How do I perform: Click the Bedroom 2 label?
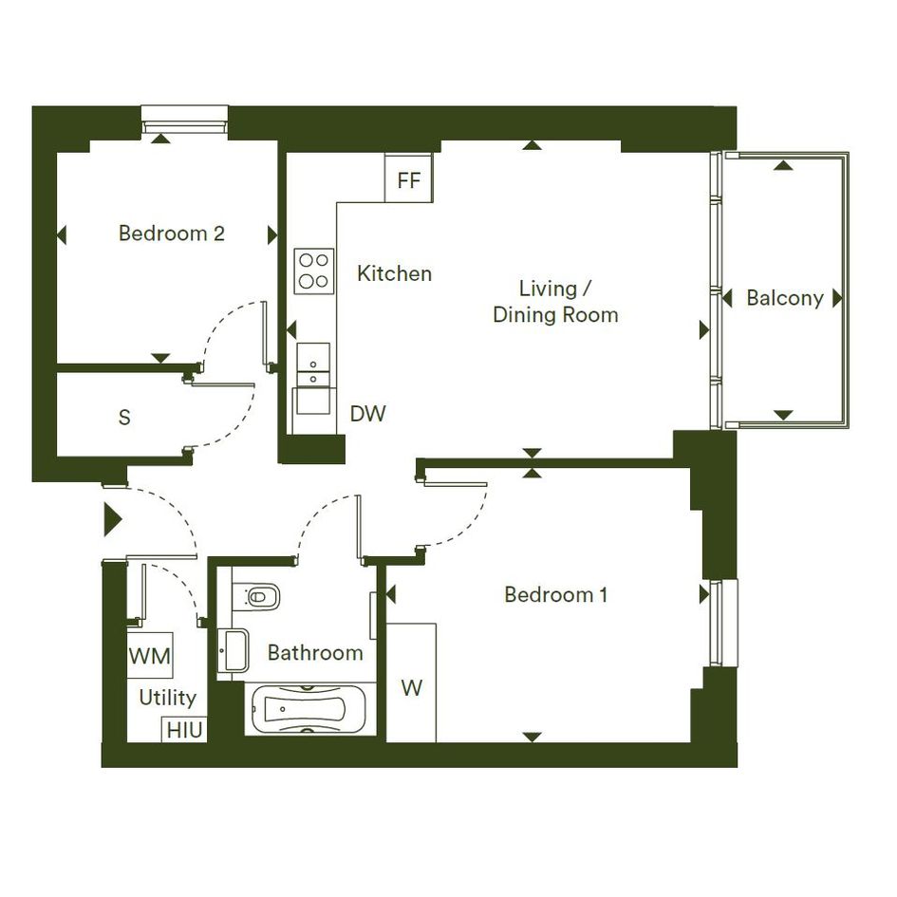(172, 234)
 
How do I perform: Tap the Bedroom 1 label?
(555, 595)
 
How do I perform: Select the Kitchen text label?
(394, 273)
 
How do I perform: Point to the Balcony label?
(785, 298)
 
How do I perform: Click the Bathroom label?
(315, 653)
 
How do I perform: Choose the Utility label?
(168, 698)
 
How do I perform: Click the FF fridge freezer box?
(408, 178)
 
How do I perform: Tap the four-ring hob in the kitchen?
(314, 271)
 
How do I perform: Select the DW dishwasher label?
(368, 414)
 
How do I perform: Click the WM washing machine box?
(150, 655)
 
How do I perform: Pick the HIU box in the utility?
(185, 730)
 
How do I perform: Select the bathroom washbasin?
(234, 650)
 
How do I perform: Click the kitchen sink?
(313, 364)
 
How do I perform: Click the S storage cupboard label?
(124, 418)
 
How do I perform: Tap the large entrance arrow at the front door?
(113, 520)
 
